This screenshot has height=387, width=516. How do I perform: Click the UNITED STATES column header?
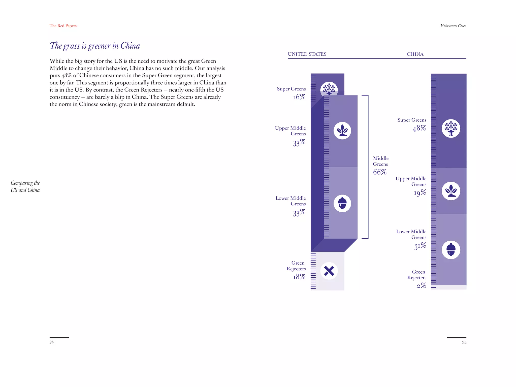(307, 54)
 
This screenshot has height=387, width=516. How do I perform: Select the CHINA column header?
(415, 54)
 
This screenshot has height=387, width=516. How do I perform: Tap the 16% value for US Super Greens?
(299, 97)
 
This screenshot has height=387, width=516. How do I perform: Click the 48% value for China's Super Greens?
(420, 128)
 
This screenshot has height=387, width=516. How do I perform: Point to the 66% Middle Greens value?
(380, 172)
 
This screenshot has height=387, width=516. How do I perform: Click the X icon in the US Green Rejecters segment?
(329, 271)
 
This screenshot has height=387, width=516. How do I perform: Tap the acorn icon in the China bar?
(451, 250)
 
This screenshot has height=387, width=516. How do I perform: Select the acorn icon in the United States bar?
(342, 203)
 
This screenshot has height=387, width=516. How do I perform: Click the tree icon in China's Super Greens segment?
(451, 128)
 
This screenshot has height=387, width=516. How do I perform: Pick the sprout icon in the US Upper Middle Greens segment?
(342, 131)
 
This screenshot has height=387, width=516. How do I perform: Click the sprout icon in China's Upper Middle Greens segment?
(451, 191)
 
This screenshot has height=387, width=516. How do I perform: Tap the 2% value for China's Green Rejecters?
(421, 286)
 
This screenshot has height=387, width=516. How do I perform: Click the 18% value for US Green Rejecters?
(299, 277)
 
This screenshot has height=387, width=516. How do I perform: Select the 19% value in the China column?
(420, 193)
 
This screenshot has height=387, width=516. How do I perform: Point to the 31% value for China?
(420, 246)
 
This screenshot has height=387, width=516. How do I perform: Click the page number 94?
(52, 342)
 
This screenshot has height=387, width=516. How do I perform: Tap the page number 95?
(464, 342)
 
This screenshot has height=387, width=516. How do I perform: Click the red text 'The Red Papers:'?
(63, 26)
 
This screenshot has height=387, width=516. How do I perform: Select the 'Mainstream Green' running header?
(453, 26)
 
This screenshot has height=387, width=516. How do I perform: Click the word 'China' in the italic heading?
(130, 46)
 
